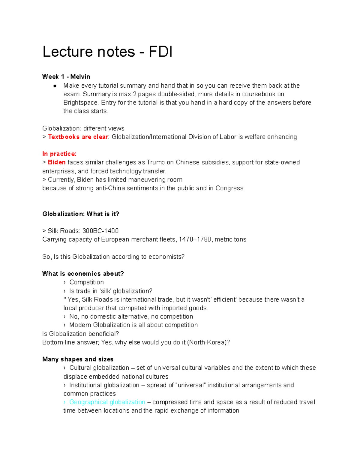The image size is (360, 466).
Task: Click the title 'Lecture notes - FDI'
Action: coord(107,52)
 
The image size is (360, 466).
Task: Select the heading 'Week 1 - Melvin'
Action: coord(66,77)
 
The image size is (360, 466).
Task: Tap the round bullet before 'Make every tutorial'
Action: coord(55,86)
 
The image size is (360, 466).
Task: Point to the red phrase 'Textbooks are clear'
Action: coord(78,137)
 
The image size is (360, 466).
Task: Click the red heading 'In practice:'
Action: coord(59,154)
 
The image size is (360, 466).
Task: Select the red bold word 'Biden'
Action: coord(57,162)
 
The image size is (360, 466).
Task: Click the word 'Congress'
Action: coord(229,188)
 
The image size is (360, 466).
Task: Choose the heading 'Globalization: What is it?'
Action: coord(81,214)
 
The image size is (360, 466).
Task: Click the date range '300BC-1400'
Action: coord(100,231)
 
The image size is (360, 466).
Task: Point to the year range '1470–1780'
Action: coord(195,239)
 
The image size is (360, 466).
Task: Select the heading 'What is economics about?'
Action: coord(83,274)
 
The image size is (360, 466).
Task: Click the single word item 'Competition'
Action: coord(86,282)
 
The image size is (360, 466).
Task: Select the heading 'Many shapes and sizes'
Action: coord(78,359)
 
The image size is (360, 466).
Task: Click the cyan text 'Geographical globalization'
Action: coord(107,402)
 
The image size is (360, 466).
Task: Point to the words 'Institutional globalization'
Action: coord(104,385)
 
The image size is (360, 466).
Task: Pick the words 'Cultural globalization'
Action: coord(99,368)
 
